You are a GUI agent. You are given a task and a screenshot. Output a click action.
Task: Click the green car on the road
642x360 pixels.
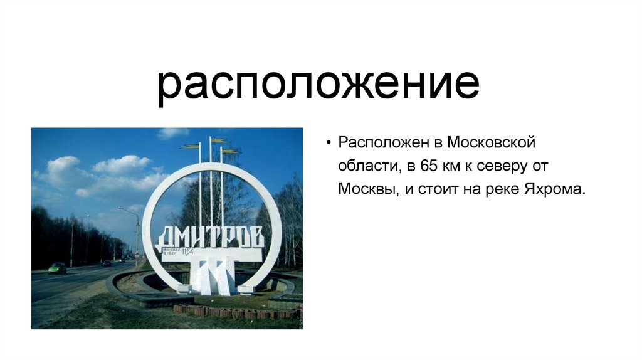57,268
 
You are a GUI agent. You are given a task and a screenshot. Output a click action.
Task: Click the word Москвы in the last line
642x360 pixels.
367,189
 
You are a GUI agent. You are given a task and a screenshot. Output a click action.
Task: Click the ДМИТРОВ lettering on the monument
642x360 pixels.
210,236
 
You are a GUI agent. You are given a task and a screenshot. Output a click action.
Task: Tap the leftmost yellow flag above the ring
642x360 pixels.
190,146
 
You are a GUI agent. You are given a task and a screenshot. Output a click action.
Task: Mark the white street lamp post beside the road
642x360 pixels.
137,235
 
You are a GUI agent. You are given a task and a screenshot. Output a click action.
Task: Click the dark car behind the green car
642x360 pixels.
106,263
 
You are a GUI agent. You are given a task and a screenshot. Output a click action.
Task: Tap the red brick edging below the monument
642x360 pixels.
232,312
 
